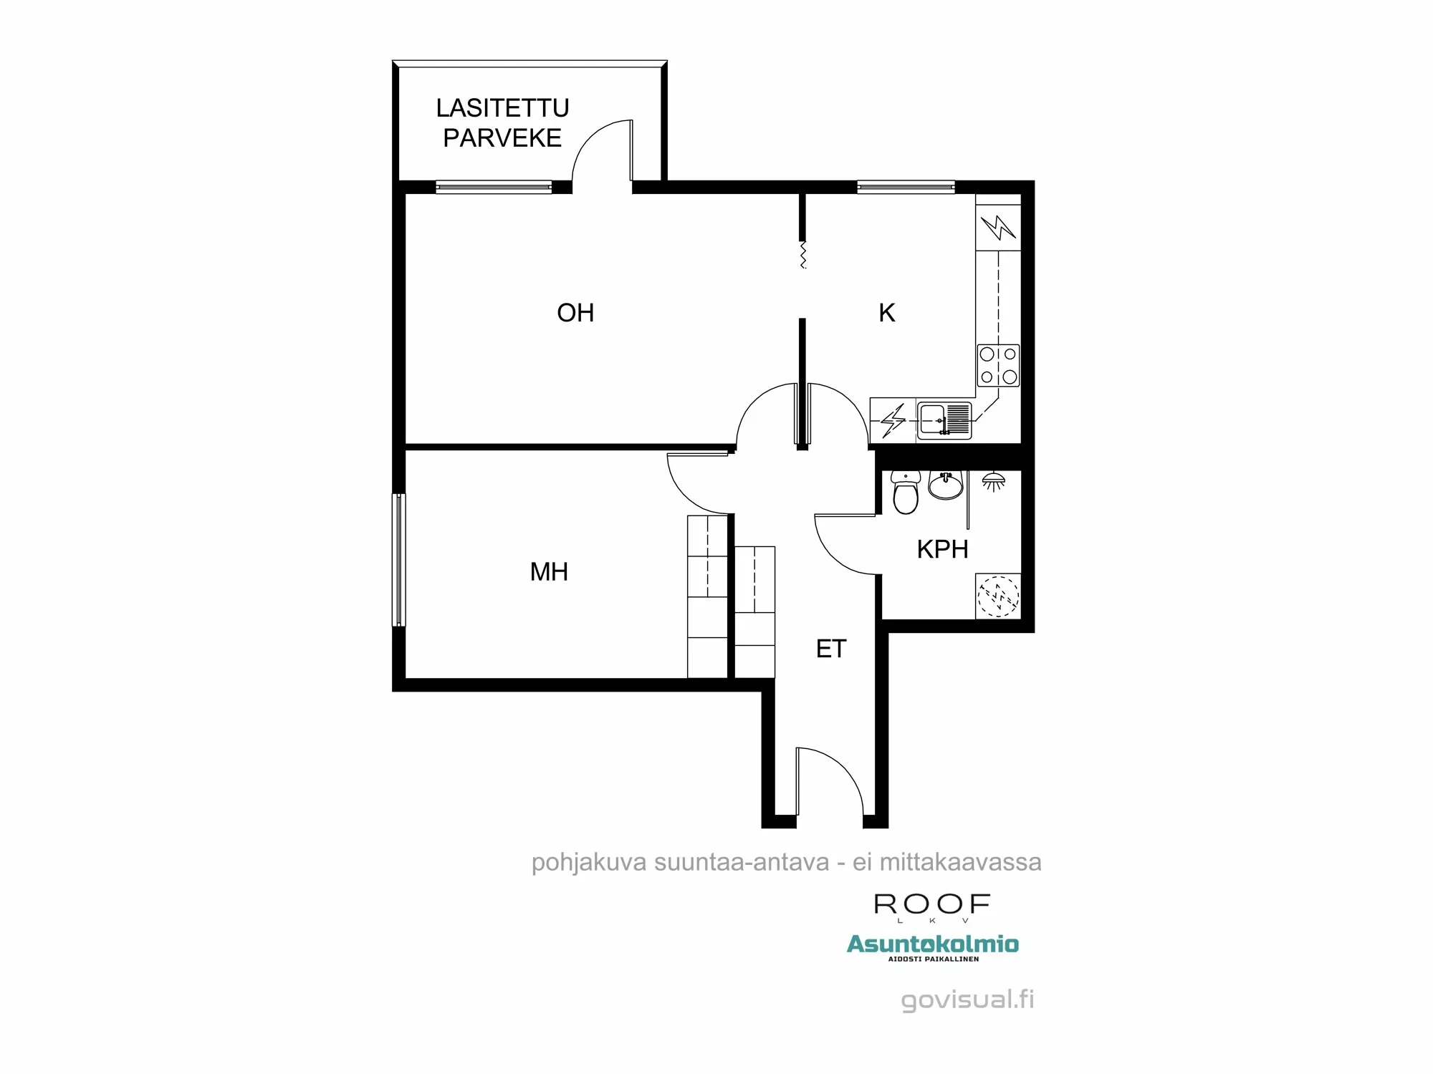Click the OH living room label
[x=575, y=313]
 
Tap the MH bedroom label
[x=549, y=572]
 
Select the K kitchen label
[x=887, y=313]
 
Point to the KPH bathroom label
[x=942, y=549]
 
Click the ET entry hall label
[x=831, y=649]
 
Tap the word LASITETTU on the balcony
[x=502, y=108]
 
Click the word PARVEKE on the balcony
[x=502, y=138]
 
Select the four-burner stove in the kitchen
[x=998, y=365]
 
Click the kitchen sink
[x=944, y=420]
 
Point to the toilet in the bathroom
[x=906, y=493]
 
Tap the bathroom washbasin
[x=946, y=485]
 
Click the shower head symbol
[x=993, y=482]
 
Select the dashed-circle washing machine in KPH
[x=998, y=596]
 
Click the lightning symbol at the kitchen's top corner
[x=998, y=228]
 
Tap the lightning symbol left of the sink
[x=893, y=420]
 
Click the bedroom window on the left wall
[x=398, y=560]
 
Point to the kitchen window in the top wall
[x=906, y=188]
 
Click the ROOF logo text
[x=932, y=905]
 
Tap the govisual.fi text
[x=967, y=1000]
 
